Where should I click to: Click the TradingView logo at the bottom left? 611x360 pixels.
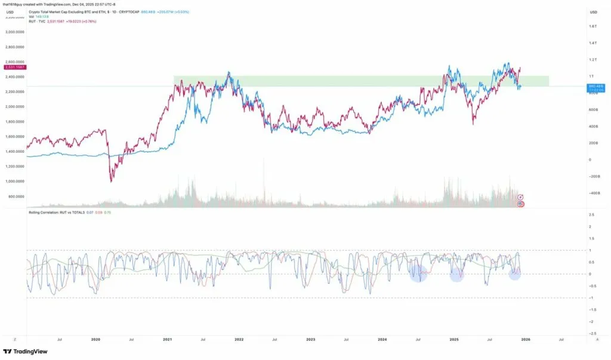[20, 352]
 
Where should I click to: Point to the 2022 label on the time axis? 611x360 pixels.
[239, 339]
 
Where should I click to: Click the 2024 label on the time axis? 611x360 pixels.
[382, 339]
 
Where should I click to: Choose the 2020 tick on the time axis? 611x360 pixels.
[95, 339]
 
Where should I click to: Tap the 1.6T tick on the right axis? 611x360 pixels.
[593, 26]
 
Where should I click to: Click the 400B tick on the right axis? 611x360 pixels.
[593, 127]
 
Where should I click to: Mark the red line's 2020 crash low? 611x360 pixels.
[111, 181]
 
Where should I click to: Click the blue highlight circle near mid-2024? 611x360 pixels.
[418, 273]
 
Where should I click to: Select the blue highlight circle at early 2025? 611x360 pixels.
[456, 274]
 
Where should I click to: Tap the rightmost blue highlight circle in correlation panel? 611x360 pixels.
[515, 273]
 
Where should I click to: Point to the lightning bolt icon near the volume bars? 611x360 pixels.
[520, 197]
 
